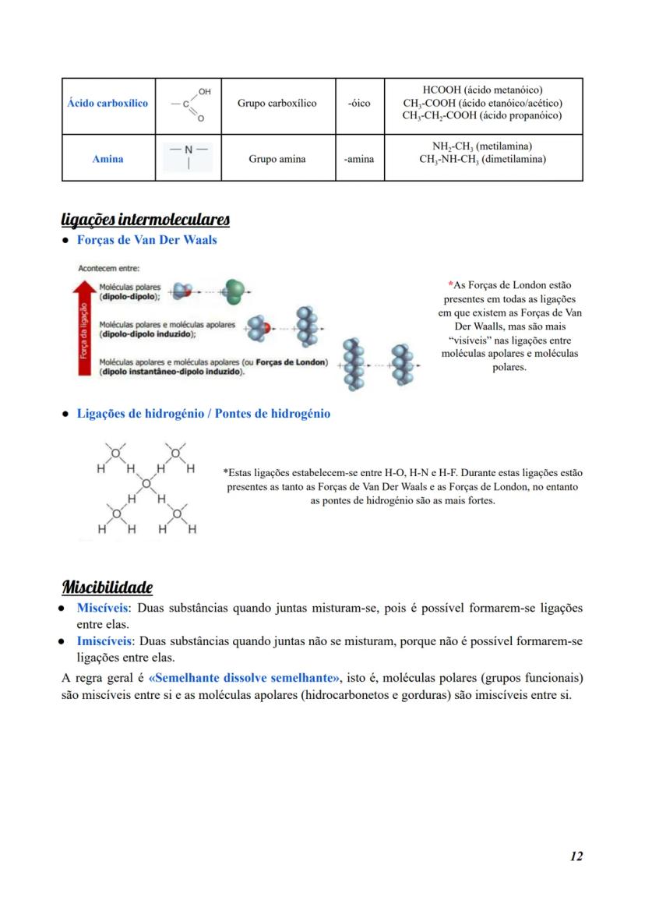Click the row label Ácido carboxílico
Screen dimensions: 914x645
click(107, 104)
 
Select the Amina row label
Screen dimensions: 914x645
click(107, 159)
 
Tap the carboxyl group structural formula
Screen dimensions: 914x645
click(188, 105)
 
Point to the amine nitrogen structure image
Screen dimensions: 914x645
click(188, 157)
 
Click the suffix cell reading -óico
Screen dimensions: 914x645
click(359, 104)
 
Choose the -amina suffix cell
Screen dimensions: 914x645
click(359, 159)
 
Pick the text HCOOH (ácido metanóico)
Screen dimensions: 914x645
click(482, 90)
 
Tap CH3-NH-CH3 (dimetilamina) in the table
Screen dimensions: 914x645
click(482, 160)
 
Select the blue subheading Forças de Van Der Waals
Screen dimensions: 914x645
click(146, 240)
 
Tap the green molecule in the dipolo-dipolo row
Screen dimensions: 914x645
click(233, 292)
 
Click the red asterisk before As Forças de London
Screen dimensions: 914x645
click(450, 285)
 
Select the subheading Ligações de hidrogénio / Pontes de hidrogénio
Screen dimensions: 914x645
click(203, 414)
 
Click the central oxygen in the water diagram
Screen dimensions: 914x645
click(146, 483)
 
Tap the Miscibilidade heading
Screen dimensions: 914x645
click(107, 586)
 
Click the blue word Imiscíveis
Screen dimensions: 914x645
click(104, 641)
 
